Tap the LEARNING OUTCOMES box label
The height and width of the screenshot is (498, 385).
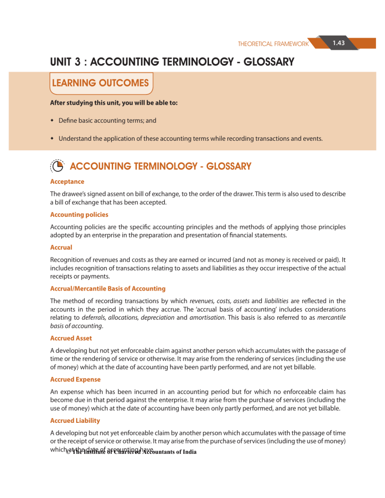[102, 83]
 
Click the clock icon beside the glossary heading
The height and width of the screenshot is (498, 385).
[57, 166]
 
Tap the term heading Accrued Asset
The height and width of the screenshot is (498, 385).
[70, 339]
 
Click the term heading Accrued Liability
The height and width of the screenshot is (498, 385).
[74, 422]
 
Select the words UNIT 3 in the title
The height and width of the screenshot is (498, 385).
[68, 63]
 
